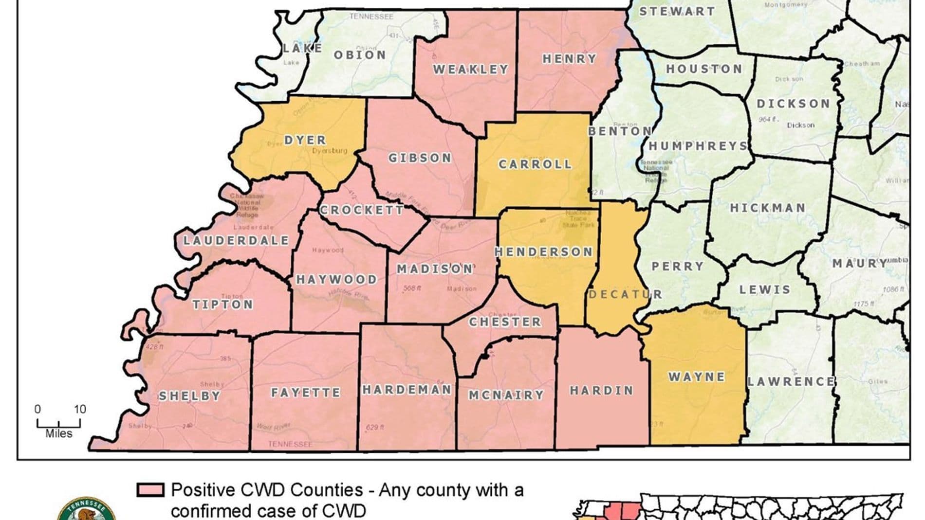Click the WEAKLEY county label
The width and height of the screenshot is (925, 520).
pos(470,70)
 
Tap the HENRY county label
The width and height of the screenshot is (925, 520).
pos(569,59)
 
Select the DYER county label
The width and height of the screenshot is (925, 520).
pos(305,140)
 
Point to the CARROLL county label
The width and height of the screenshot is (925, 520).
pos(535,164)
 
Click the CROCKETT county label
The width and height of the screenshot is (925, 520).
pos(361,210)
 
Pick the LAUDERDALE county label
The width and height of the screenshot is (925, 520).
pos(236,240)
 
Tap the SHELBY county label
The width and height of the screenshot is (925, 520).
pos(189,396)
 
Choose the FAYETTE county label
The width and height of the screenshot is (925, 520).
pos(305,393)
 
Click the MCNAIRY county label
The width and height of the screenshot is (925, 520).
pos(506,395)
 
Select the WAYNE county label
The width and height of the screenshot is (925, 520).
pos(697,377)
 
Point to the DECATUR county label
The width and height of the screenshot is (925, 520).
pos(625,294)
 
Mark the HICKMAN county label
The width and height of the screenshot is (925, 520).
pos(767,208)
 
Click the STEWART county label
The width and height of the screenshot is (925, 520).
pos(677,11)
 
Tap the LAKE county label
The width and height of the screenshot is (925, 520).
pos(302,48)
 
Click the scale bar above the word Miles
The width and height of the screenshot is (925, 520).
pos(59,424)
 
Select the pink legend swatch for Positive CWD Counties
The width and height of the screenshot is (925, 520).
pos(150,490)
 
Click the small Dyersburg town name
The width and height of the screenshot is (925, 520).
pos(330,151)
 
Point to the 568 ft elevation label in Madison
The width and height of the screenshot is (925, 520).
pos(412,288)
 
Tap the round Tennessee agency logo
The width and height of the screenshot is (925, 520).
pos(87,511)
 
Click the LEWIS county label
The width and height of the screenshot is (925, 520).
pos(764,289)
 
